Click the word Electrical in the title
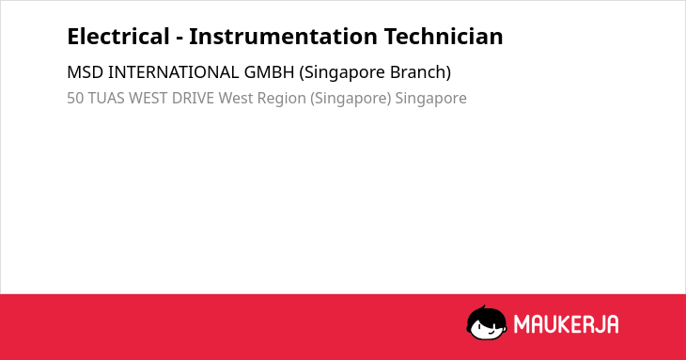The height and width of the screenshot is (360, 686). [118, 37]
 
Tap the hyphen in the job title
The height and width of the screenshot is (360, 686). [179, 39]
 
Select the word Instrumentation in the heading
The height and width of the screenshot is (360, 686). [283, 37]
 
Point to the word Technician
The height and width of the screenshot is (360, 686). [444, 37]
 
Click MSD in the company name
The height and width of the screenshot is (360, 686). [86, 72]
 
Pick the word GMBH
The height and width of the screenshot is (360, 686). [269, 72]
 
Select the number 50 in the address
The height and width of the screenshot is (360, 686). [75, 98]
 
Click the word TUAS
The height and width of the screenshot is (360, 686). [106, 98]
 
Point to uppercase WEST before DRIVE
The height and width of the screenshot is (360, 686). [148, 98]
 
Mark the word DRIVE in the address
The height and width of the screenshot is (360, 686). [193, 98]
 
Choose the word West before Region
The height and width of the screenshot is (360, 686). [236, 98]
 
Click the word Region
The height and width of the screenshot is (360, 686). [281, 99]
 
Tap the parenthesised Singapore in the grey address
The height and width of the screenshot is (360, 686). [351, 99]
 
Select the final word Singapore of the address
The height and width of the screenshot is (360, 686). [431, 99]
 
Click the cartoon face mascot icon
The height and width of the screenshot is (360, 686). [487, 322]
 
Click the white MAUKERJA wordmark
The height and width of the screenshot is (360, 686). [566, 324]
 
